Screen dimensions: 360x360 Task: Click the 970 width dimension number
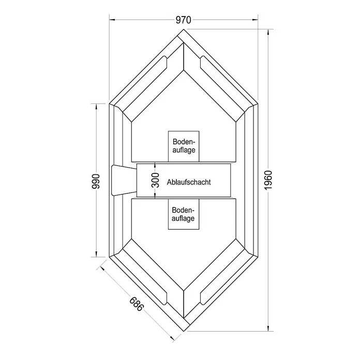point(183,20)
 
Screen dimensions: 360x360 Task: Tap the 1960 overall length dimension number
point(268,180)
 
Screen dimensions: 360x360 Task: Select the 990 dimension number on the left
point(96,182)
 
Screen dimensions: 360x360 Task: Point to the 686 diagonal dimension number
point(137,304)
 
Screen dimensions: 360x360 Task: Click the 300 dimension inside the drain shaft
point(156,180)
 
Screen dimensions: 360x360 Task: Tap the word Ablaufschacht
point(189,182)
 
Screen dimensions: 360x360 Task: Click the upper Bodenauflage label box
point(184,146)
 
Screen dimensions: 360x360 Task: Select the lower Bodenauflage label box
point(184,214)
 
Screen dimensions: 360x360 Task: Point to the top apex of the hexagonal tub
point(184,29)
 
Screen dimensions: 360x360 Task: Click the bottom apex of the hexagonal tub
point(184,331)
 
